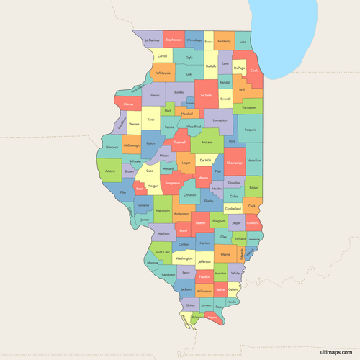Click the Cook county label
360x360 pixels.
[253, 71]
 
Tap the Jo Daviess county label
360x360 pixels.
[151, 40]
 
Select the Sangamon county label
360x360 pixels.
[172, 184]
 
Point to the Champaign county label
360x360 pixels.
[235, 163]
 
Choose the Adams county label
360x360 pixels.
[109, 171]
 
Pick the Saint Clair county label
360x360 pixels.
[163, 252]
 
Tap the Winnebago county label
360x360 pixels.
[194, 40]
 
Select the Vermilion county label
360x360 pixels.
[254, 160]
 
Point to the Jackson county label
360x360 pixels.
[186, 289]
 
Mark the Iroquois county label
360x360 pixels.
[251, 130]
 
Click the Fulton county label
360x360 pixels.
[150, 143]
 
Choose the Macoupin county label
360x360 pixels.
[163, 210]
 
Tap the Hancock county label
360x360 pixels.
[112, 146]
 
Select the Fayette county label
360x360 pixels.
[199, 222]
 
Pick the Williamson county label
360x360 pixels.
[204, 292]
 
